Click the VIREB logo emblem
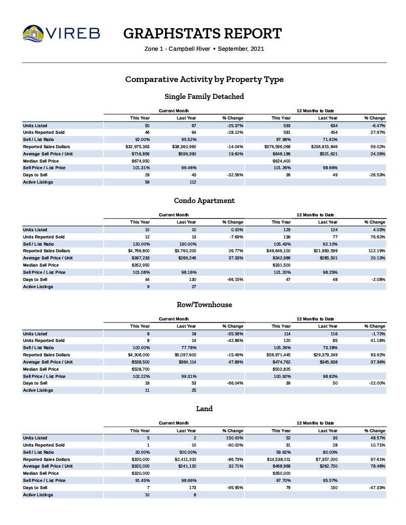[x=33, y=34]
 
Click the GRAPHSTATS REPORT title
[x=202, y=34]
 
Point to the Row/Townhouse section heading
[x=204, y=305]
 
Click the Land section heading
[x=204, y=409]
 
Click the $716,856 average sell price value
[x=140, y=153]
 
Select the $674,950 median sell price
[x=140, y=160]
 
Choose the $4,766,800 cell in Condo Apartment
[x=138, y=251]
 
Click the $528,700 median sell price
[x=140, y=369]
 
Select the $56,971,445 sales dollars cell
[x=279, y=355]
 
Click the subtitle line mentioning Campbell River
[x=204, y=49]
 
